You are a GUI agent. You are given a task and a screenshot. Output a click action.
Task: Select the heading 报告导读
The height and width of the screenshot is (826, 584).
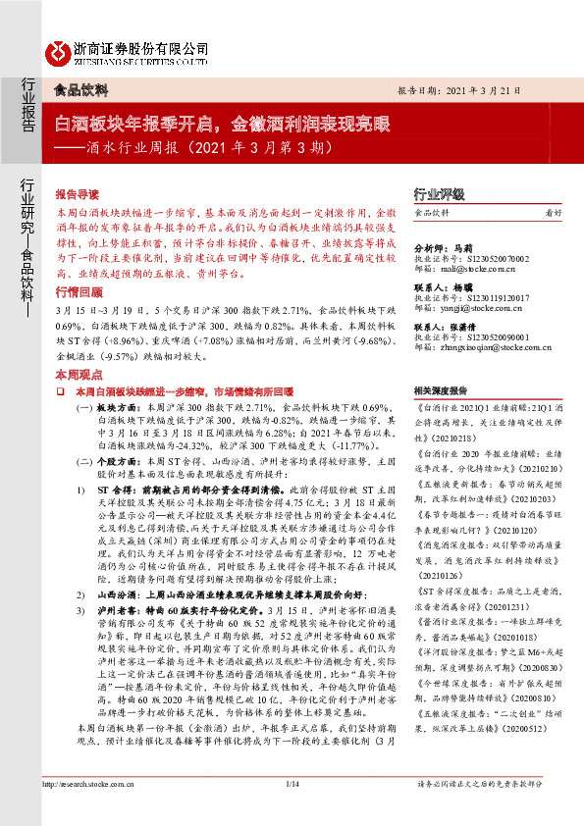(x=78, y=195)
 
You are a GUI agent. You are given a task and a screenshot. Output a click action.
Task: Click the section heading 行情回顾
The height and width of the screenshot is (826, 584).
(x=78, y=264)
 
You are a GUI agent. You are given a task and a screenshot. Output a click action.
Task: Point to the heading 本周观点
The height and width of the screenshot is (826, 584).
(x=78, y=347)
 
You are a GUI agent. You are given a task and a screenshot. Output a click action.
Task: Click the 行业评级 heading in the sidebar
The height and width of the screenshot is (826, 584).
(x=439, y=194)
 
